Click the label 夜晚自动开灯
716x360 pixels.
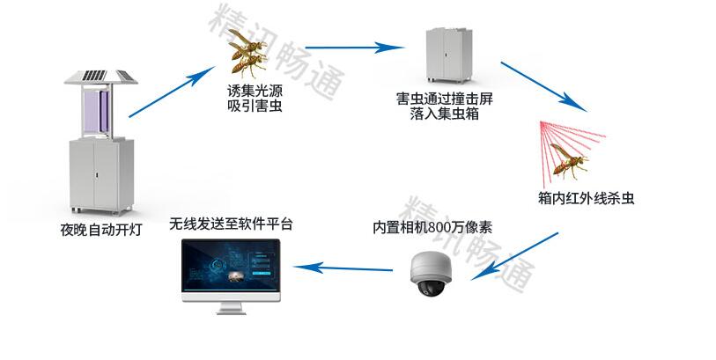(x=101, y=229)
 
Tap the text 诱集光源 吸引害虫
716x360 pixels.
(x=255, y=98)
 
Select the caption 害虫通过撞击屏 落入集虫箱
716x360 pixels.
(x=445, y=106)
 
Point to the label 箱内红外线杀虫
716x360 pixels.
(x=586, y=198)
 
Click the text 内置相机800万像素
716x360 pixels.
(x=432, y=227)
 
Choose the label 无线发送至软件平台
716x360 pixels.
(x=231, y=224)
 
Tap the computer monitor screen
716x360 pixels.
(x=231, y=265)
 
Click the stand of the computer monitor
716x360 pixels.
(x=231, y=308)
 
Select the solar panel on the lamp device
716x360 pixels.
(x=101, y=77)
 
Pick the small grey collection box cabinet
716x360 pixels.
(x=449, y=55)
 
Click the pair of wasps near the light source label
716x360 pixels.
(x=247, y=53)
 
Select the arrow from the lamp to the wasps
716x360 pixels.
(x=172, y=92)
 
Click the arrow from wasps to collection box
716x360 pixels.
(x=354, y=47)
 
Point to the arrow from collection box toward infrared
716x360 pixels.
(x=543, y=86)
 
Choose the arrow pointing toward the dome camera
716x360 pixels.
(x=514, y=256)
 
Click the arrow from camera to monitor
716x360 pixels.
(x=343, y=268)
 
